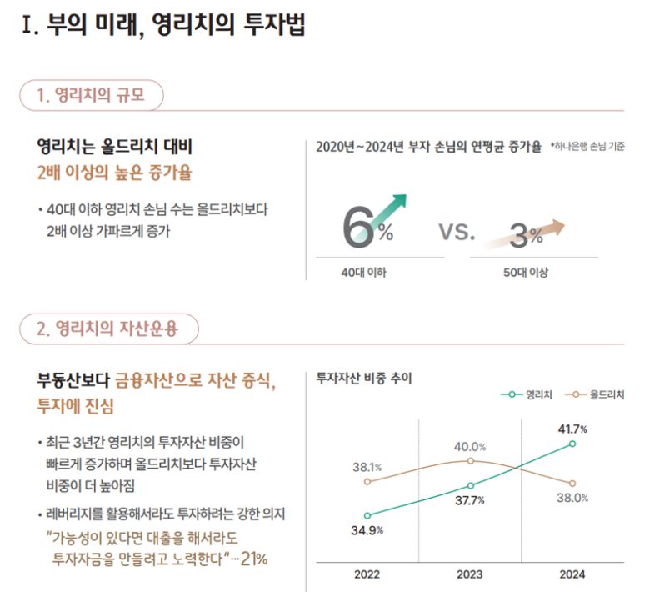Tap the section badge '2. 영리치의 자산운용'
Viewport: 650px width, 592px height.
108,329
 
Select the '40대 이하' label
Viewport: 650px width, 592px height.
363,273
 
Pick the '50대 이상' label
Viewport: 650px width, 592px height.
526,273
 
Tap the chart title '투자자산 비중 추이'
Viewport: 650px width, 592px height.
364,378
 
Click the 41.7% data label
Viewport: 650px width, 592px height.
572,429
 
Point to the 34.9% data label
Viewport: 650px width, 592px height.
367,530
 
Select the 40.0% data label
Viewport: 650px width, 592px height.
470,447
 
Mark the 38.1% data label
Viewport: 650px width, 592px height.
367,467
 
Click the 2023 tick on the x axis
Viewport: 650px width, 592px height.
470,574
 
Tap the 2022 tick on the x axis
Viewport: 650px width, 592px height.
367,574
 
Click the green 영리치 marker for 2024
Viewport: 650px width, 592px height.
572,444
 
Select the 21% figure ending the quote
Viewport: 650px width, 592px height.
253,559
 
